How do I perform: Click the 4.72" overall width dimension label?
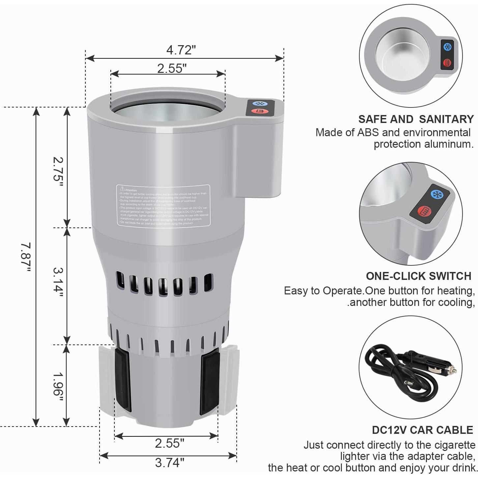click(x=181, y=50)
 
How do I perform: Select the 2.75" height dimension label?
click(x=58, y=173)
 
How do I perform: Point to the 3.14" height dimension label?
click(x=58, y=282)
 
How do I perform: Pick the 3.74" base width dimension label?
click(x=169, y=463)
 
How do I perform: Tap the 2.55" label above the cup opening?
click(x=171, y=69)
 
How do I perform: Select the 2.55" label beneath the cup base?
click(x=169, y=443)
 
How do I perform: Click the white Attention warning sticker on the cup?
click(x=163, y=205)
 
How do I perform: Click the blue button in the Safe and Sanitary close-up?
click(x=447, y=47)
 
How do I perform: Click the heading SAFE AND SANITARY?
click(x=416, y=119)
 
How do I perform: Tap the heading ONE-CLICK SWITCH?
click(x=418, y=276)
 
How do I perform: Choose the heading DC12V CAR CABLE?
click(x=422, y=430)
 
